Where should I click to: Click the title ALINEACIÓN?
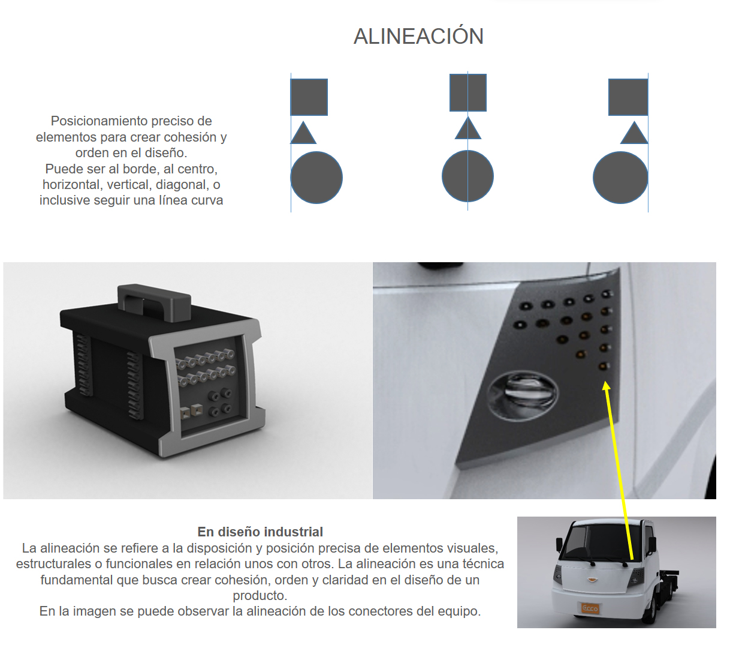(418, 36)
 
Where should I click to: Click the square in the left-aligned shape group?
(309, 97)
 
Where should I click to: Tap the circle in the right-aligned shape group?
(620, 178)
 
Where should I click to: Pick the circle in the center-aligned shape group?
(467, 176)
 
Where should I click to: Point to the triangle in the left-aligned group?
(303, 133)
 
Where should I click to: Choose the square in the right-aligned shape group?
(628, 97)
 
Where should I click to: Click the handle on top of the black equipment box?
(154, 302)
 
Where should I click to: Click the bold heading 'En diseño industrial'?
(260, 532)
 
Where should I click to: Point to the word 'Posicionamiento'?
(99, 121)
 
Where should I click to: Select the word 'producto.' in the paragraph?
(260, 595)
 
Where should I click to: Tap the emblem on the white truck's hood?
(592, 580)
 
